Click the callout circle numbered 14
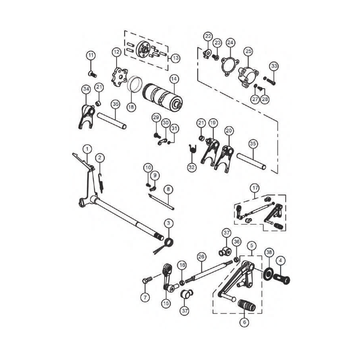174,79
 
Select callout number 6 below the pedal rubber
244,322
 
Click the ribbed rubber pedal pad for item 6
247,306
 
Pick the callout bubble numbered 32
191,167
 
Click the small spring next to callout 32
192,149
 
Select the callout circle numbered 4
281,260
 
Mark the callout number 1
87,148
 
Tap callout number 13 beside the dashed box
175,58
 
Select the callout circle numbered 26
201,257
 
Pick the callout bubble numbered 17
255,188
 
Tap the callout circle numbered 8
168,189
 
